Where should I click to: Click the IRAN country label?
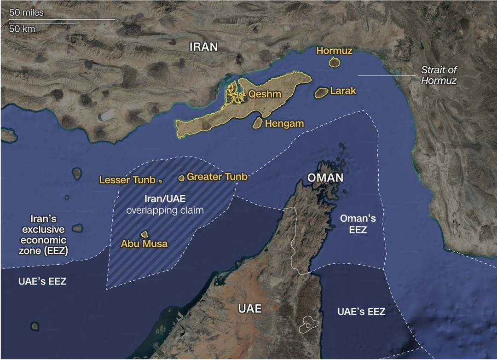[x=204, y=46]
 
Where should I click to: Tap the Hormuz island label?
[x=335, y=51]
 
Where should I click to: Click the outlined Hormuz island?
[x=334, y=63]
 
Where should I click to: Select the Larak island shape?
[x=321, y=93]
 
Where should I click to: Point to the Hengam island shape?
[x=258, y=123]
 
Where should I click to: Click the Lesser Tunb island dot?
[x=160, y=181]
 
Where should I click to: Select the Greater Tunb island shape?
[x=181, y=177]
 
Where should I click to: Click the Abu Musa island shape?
[x=144, y=235]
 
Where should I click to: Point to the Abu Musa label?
[x=144, y=244]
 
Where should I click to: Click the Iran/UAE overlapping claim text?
[x=165, y=205]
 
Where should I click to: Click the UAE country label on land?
[x=250, y=308]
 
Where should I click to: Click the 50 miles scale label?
[x=27, y=12]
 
